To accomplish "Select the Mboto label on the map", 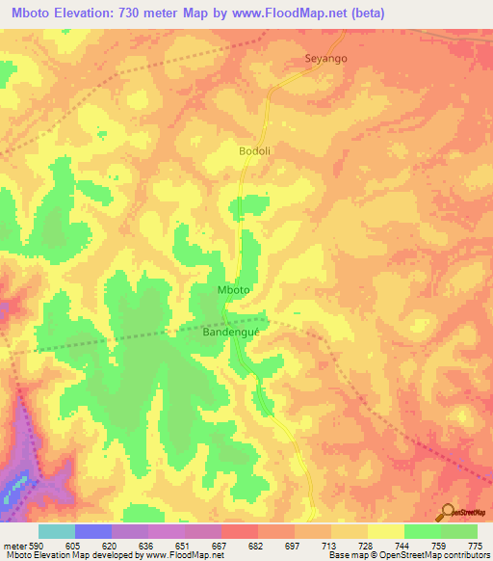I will (x=235, y=289).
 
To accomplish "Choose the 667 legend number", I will (x=220, y=546).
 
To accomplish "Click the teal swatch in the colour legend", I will (x=57, y=531).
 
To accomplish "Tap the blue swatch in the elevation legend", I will (x=93, y=531).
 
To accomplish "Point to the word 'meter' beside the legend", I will (x=13, y=546).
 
